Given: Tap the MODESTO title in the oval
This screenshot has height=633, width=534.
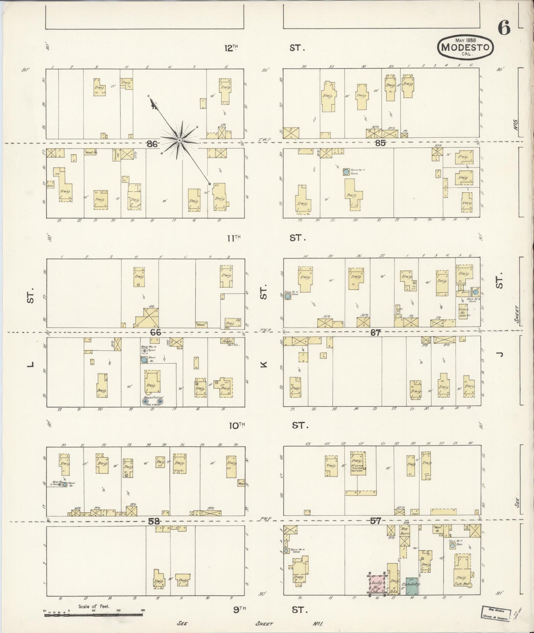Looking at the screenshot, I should pyautogui.click(x=465, y=47).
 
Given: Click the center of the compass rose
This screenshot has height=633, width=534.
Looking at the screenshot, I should pyautogui.click(x=179, y=140).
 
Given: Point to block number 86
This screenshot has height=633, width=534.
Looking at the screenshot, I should pyautogui.click(x=152, y=144).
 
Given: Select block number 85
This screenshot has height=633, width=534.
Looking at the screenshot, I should pyautogui.click(x=380, y=143).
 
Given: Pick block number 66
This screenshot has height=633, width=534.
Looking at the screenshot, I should pyautogui.click(x=155, y=332).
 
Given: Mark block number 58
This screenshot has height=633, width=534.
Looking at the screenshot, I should pyautogui.click(x=154, y=521).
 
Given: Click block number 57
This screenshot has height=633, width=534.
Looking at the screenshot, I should pyautogui.click(x=375, y=521).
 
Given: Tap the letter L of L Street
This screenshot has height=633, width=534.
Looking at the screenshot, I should pyautogui.click(x=31, y=365).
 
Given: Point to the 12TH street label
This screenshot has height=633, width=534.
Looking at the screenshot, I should pyautogui.click(x=231, y=48).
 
